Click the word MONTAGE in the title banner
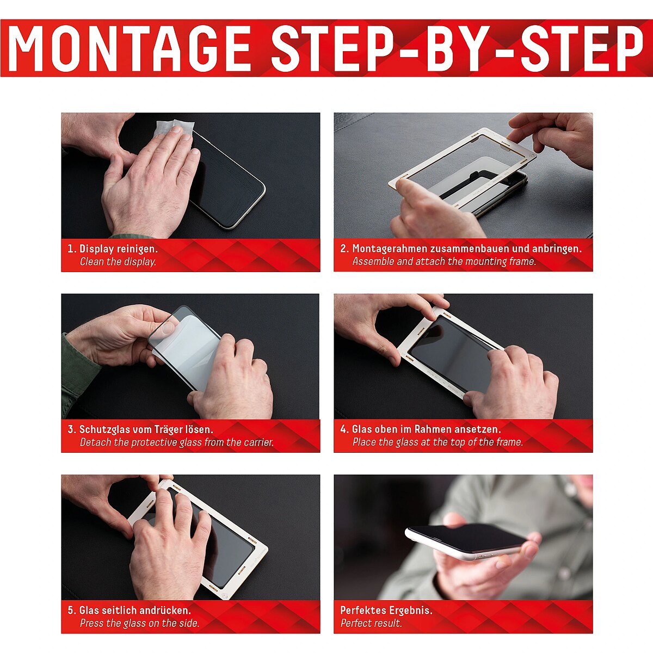[x=130, y=48]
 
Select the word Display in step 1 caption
[x=96, y=249]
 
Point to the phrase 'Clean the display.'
[x=118, y=262]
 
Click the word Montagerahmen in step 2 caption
[x=390, y=249]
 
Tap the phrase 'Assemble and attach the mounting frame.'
[x=444, y=262]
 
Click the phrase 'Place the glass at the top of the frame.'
[x=438, y=442]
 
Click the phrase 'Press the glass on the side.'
[x=140, y=623]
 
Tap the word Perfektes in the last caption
[x=363, y=611]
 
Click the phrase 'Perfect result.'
[x=371, y=623]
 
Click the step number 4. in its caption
[x=344, y=430]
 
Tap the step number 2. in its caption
[x=344, y=249]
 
